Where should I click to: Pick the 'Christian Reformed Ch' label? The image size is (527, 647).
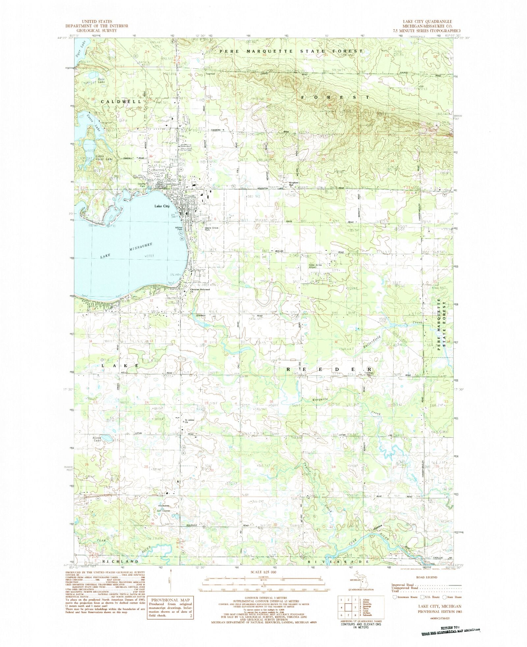coord(200,290)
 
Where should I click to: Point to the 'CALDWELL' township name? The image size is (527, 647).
coord(119,102)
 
